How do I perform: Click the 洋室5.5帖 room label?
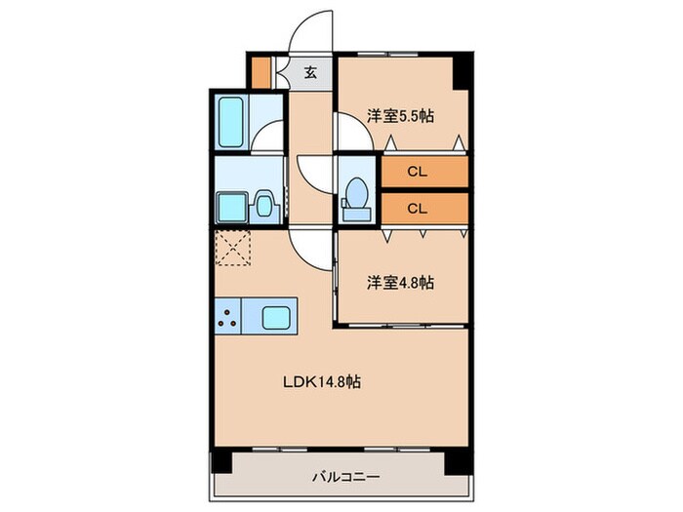pyautogui.click(x=400, y=115)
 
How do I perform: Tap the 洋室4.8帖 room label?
pyautogui.click(x=400, y=283)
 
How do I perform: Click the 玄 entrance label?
pyautogui.click(x=309, y=72)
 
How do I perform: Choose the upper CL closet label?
pyautogui.click(x=417, y=173)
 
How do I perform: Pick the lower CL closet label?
pyautogui.click(x=417, y=207)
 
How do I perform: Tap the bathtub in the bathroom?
pyautogui.click(x=231, y=123)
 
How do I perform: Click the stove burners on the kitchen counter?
pyautogui.click(x=230, y=316)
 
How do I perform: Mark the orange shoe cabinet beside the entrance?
pyautogui.click(x=261, y=72)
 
